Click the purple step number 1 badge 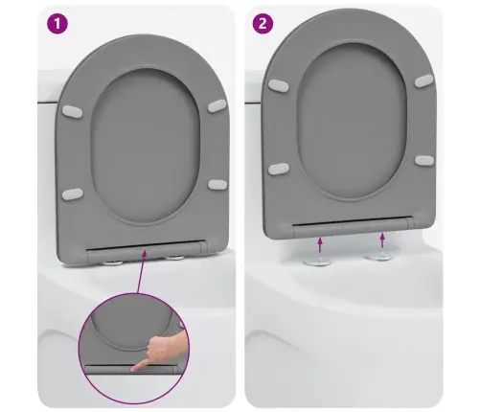coord(57,23)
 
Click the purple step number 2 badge coord(263,23)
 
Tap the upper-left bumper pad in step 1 coord(72,111)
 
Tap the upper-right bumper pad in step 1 coord(218,105)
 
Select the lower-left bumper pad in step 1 coord(72,195)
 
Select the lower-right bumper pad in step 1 coord(218,185)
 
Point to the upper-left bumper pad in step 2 coord(279,85)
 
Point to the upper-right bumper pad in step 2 coord(424,80)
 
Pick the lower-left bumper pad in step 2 coord(279,169)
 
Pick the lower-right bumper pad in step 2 coord(424,160)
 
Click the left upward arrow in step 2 coord(320,244)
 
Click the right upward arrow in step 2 coord(382,240)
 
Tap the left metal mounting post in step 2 coord(318,261)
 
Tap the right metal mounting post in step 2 coord(379,255)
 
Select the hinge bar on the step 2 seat coord(353,224)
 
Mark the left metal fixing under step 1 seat coord(113,263)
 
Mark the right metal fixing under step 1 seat coord(174,257)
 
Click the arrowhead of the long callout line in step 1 coord(144,253)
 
